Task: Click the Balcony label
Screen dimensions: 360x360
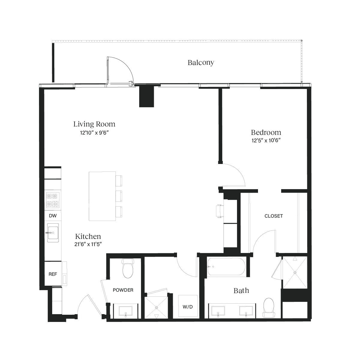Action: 201,63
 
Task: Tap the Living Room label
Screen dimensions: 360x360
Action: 94,124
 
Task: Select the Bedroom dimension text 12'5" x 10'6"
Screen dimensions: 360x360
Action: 266,140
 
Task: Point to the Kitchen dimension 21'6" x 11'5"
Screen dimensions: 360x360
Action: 88,244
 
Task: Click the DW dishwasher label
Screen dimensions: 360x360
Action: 53,216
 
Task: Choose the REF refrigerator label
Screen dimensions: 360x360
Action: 53,274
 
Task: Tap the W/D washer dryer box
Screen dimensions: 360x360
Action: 188,306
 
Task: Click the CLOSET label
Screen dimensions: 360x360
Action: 273,216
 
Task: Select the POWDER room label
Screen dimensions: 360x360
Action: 123,290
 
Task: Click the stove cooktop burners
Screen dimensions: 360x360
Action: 52,200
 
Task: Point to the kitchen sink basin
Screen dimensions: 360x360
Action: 53,232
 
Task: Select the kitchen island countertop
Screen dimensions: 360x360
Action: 102,196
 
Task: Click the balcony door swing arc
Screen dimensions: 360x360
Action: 120,69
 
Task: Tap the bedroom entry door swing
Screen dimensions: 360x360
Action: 234,175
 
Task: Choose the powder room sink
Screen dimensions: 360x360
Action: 125,311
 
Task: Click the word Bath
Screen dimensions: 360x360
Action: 241,290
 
